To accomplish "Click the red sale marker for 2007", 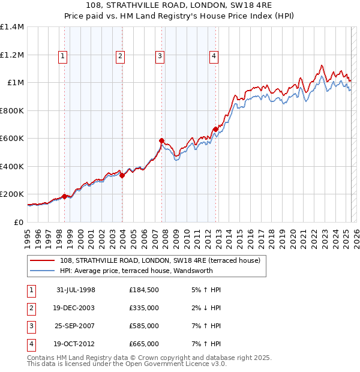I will pos(161,141).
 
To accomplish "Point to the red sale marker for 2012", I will pos(215,129).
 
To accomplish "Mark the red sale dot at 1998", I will pos(64,196).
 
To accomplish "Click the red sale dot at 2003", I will pos(122,175).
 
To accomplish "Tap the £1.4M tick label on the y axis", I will pos(12,27).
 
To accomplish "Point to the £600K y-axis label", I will pos(12,139).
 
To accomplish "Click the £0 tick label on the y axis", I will pos(19,222).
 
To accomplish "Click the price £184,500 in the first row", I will pos(144,290).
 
